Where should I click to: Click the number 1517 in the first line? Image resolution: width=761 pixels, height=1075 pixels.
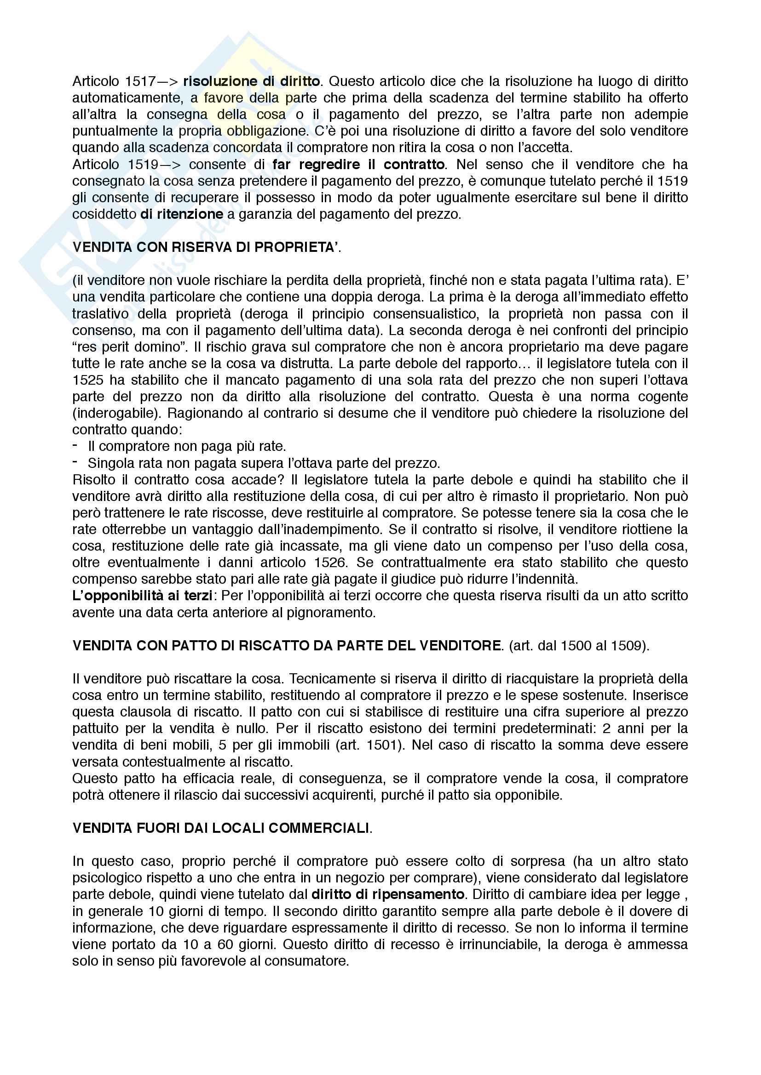coord(140,81)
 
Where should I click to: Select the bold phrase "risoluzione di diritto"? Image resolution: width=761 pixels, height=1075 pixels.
coord(251,81)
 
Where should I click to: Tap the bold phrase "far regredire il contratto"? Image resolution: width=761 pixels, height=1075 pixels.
coord(358,165)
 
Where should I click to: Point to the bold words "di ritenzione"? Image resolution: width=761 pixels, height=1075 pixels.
coord(182,215)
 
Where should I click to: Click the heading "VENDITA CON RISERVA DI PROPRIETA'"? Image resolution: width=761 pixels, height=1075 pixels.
coord(205,248)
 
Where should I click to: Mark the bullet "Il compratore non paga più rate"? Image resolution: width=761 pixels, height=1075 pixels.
coord(186,446)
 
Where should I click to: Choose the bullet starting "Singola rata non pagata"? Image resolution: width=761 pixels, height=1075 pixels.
coord(263,463)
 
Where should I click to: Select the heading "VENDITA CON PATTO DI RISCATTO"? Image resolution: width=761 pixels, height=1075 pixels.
coord(286,646)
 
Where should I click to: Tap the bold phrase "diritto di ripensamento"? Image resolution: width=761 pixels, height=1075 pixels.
coord(388,894)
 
